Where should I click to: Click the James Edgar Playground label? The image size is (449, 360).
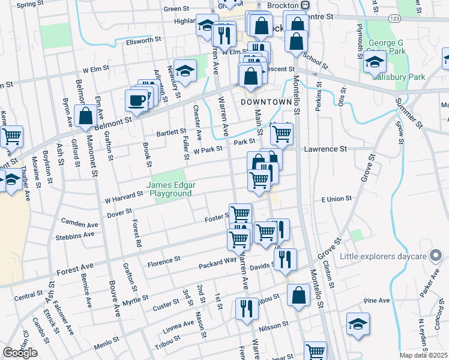coord(170,190)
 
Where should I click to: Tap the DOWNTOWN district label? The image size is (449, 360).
coord(265,103)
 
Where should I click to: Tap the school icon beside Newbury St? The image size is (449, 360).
coord(185,71)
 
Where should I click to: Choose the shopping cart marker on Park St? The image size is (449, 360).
coord(282,135)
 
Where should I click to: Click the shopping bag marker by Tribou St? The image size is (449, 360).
coord(298,296)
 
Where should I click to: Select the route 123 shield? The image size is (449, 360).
coord(394,19)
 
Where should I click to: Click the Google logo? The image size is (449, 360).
coord(19,353)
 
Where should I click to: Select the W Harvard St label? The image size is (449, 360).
coord(124,194)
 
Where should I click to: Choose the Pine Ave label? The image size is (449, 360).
coord(376,301)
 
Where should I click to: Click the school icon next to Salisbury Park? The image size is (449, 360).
coord(375,62)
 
